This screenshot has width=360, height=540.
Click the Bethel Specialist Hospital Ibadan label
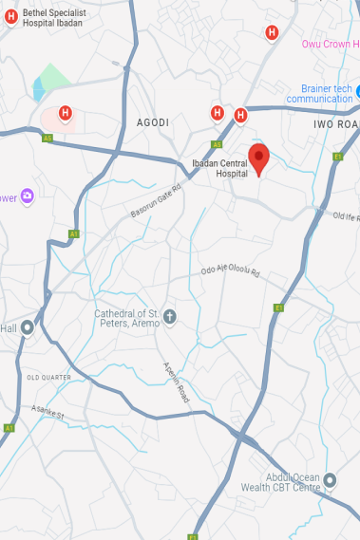point(57,16)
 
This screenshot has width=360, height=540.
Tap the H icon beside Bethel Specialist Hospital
point(11,16)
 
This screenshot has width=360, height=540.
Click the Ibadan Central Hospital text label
point(218,167)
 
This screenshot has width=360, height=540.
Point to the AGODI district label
point(152,122)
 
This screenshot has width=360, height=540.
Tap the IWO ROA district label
point(335,123)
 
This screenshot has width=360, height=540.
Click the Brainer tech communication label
point(319,94)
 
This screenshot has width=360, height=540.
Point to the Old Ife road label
point(346,217)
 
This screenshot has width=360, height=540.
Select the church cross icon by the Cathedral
point(170,316)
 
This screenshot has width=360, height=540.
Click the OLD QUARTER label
point(48,377)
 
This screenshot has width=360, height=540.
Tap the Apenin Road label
point(176,383)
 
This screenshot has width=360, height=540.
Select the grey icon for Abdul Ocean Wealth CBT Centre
point(331,480)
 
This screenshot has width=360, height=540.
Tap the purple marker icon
point(28,196)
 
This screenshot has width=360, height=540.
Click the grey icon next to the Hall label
point(28,328)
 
